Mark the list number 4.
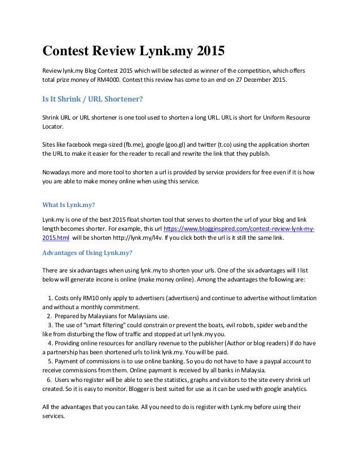coord(50,342)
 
